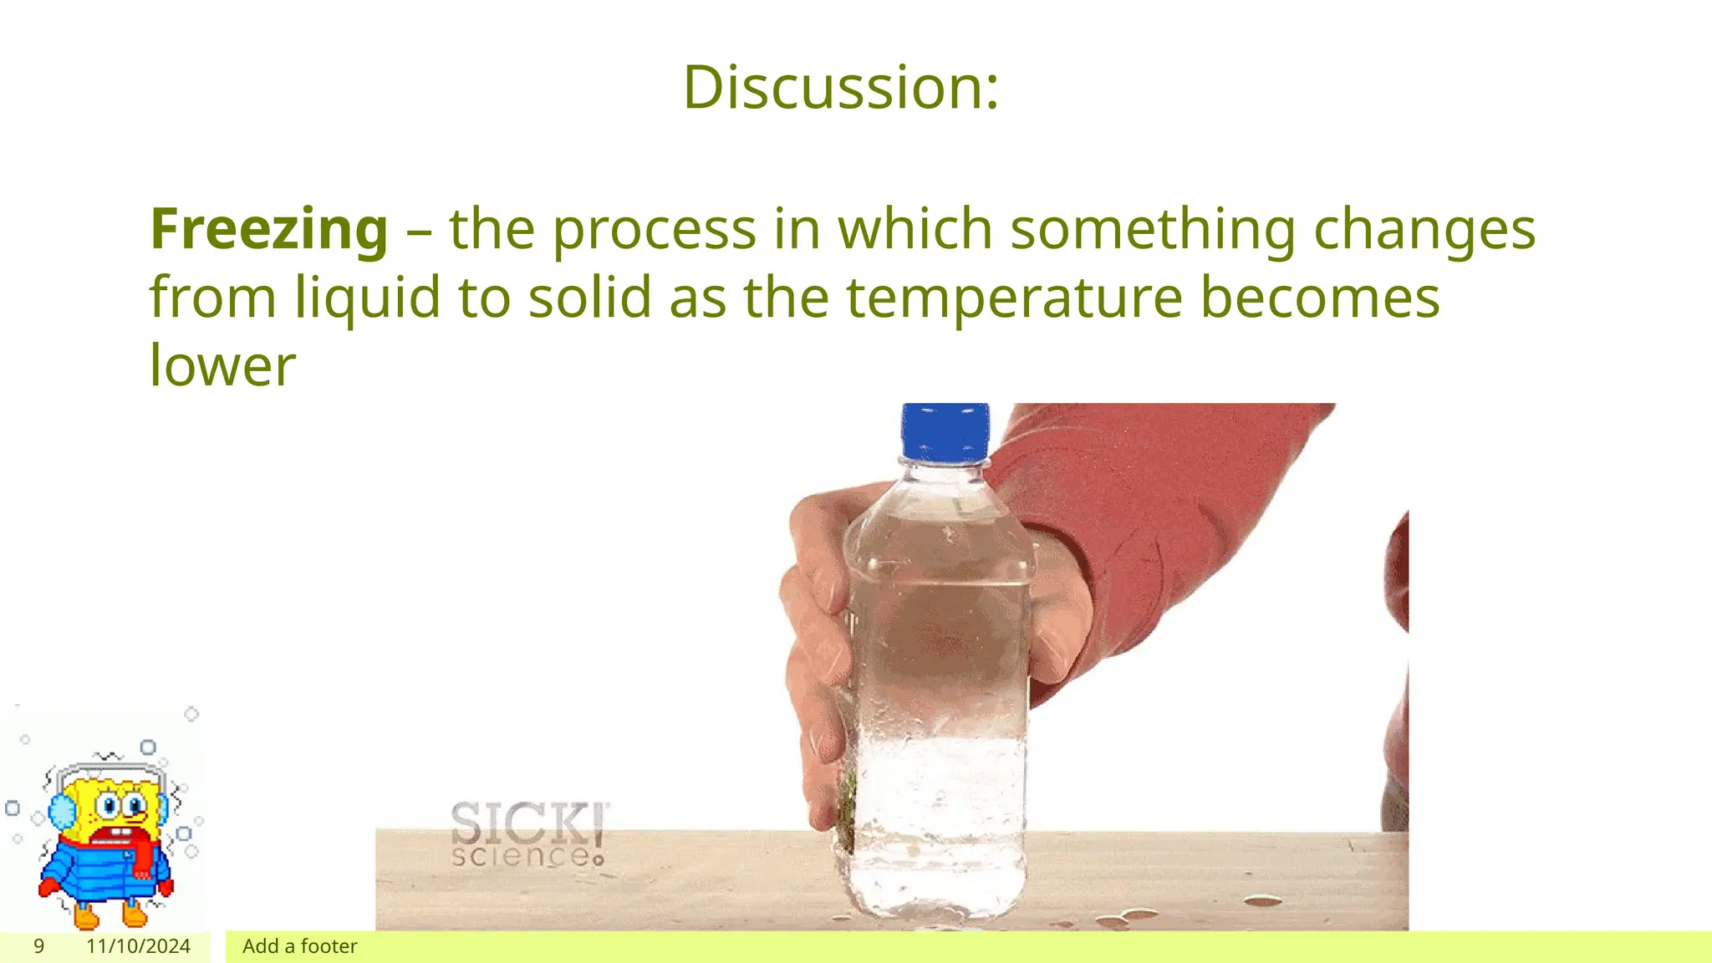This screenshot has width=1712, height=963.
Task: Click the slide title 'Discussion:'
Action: click(x=840, y=87)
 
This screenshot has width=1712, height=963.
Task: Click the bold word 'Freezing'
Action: click(x=269, y=229)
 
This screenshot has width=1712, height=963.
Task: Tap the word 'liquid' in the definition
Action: click(x=367, y=298)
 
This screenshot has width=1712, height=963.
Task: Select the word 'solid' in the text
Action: click(x=589, y=298)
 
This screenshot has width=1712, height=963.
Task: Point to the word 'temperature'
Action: click(x=1014, y=298)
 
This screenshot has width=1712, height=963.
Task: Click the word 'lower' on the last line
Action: click(x=222, y=366)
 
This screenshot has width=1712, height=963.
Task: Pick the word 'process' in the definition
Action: click(x=654, y=231)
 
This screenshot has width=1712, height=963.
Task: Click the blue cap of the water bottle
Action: click(x=945, y=431)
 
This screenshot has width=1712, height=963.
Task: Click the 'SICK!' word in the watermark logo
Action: click(x=529, y=823)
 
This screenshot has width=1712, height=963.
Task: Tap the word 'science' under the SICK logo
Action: click(x=522, y=856)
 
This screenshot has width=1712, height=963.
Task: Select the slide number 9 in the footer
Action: click(x=38, y=946)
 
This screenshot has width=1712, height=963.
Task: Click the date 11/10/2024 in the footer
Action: click(x=138, y=946)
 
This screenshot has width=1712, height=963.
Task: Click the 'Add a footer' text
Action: click(x=299, y=946)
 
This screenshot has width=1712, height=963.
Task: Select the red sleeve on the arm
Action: click(x=1170, y=502)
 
